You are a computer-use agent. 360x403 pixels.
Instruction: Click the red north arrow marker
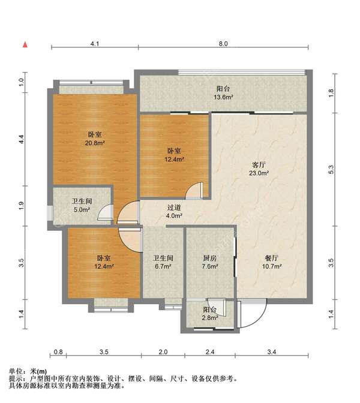click(25, 45)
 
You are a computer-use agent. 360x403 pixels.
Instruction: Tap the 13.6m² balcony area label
click(223, 97)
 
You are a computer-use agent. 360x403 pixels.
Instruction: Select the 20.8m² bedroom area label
click(95, 143)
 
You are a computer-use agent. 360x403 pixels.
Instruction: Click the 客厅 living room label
click(259, 164)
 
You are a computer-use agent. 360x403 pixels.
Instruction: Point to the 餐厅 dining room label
click(272, 258)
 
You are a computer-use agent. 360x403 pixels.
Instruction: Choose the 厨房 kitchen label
click(210, 258)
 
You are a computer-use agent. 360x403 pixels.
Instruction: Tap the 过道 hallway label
click(174, 207)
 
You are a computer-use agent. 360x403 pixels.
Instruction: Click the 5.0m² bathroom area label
click(82, 210)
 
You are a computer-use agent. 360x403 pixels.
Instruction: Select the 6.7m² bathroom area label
click(163, 266)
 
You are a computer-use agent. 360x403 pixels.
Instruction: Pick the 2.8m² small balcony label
click(210, 318)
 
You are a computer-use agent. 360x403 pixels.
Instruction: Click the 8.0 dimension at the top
click(223, 44)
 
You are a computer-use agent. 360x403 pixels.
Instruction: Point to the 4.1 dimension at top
click(95, 44)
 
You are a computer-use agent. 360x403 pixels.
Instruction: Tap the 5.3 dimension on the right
click(331, 169)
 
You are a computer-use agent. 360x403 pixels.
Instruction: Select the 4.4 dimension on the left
click(22, 139)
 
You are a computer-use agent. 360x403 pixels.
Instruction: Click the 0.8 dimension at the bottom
click(58, 351)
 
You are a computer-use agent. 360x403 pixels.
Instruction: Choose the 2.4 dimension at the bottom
click(210, 351)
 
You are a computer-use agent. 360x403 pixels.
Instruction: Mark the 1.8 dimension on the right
click(331, 93)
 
